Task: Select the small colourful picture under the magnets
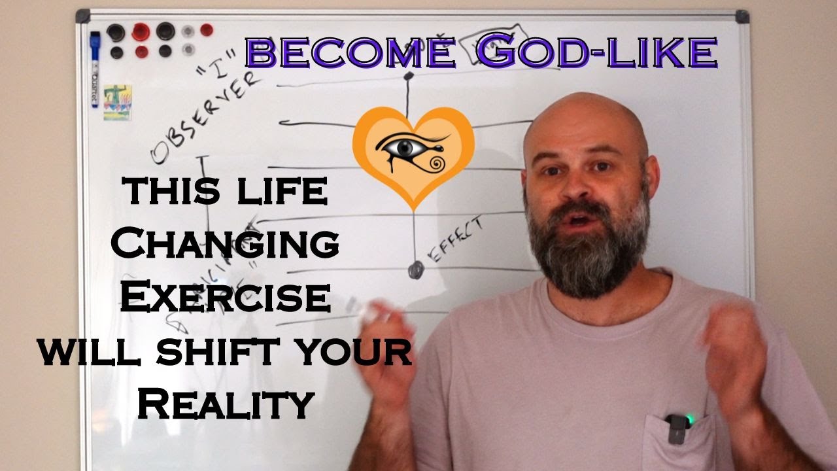(118, 102)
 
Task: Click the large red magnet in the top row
(141, 31)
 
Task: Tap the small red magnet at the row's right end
(207, 29)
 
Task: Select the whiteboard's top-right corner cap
(742, 16)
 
